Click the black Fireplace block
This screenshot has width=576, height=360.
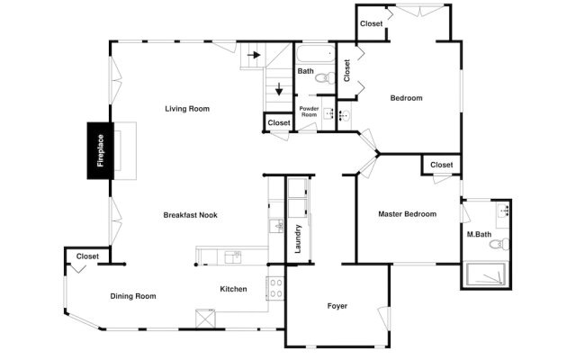point(100,150)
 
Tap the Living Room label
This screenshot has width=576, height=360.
point(187,109)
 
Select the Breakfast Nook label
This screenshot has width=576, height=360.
point(190,215)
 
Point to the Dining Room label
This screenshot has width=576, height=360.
point(133,296)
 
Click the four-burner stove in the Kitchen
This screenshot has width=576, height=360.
point(275,288)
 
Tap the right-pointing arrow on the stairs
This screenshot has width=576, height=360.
point(254,55)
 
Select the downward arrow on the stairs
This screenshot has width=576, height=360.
point(279,89)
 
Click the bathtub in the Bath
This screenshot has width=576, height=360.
point(316,54)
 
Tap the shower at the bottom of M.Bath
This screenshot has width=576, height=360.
point(486,274)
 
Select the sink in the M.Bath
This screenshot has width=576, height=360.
point(503,211)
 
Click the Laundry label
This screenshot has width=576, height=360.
point(298,238)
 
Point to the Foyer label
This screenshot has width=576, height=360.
point(337,306)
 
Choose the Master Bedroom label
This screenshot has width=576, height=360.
point(408,214)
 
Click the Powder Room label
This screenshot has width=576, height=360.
point(309,112)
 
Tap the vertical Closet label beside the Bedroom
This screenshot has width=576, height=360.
point(346,70)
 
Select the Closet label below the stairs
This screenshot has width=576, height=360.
point(279,122)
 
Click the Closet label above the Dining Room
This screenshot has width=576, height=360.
point(87,256)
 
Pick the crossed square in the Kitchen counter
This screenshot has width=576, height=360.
point(205,318)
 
